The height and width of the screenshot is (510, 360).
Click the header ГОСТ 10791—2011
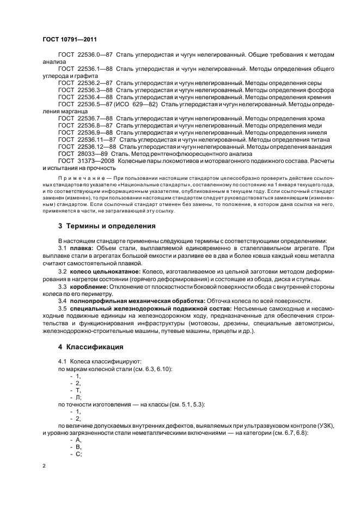coord(70,39)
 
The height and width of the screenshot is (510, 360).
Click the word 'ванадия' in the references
coord(319,147)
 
